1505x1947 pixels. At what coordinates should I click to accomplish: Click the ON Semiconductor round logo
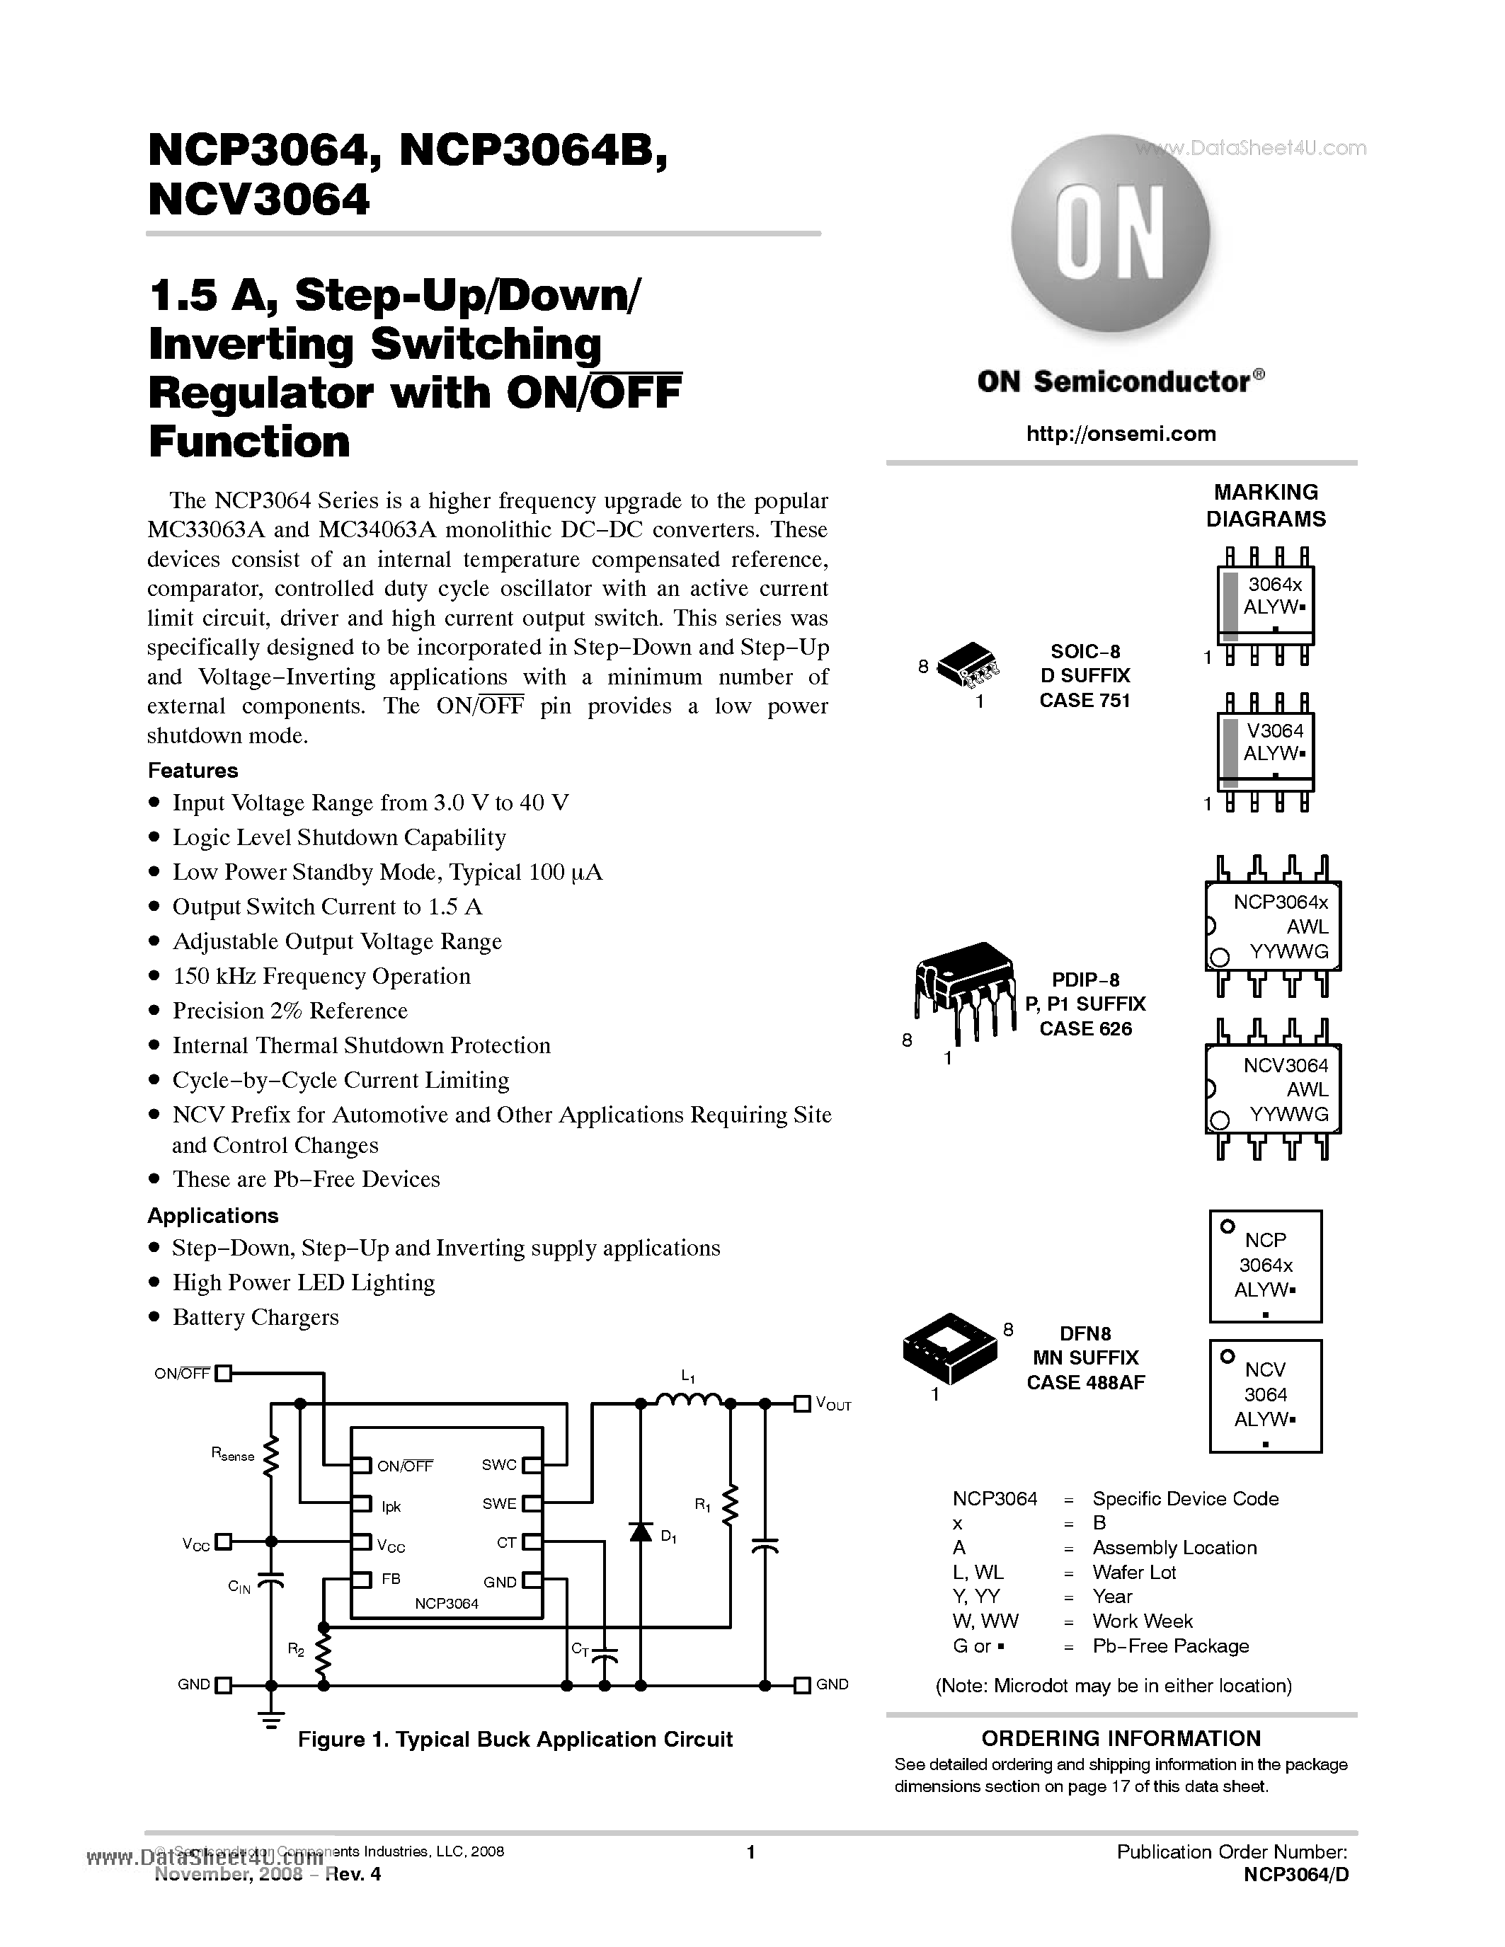pyautogui.click(x=1110, y=234)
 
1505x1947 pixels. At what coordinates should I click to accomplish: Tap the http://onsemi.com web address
pyautogui.click(x=1121, y=434)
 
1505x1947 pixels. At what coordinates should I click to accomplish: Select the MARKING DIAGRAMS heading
pyautogui.click(x=1265, y=505)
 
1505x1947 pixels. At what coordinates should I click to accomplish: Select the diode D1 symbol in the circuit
pyautogui.click(x=640, y=1532)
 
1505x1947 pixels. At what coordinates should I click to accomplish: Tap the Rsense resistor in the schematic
pyautogui.click(x=271, y=1457)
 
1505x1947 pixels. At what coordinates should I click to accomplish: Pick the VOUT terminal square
pyautogui.click(x=801, y=1404)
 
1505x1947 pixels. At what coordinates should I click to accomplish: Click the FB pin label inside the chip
pyautogui.click(x=391, y=1579)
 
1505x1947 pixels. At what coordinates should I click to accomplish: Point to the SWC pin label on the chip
pyautogui.click(x=499, y=1465)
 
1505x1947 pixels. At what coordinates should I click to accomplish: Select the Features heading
pyautogui.click(x=193, y=770)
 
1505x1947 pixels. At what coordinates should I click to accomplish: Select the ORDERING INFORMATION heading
pyautogui.click(x=1121, y=1738)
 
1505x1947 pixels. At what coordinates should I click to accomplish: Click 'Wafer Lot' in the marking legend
pyautogui.click(x=1134, y=1573)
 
